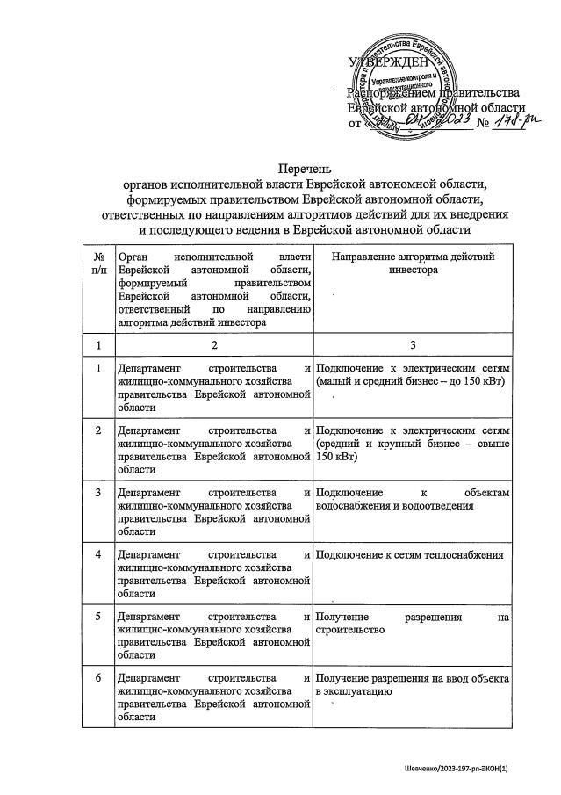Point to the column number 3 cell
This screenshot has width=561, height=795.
pyautogui.click(x=412, y=346)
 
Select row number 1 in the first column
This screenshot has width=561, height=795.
pyautogui.click(x=98, y=368)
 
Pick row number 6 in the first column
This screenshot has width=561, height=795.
pyautogui.click(x=98, y=679)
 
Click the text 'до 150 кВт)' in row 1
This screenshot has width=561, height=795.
pyautogui.click(x=467, y=380)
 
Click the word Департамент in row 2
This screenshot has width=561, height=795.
pyautogui.click(x=147, y=430)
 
